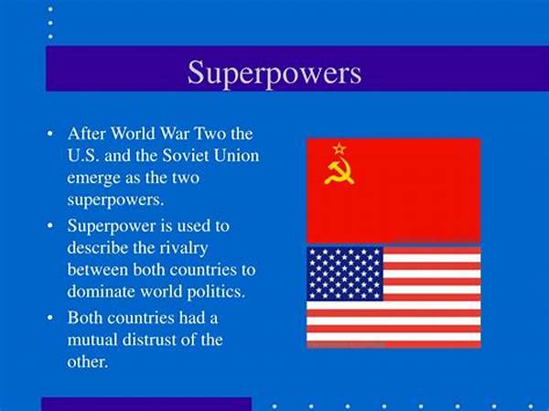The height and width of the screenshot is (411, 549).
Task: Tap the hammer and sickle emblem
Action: click(339, 172)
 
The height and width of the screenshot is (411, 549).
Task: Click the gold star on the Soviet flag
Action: click(339, 148)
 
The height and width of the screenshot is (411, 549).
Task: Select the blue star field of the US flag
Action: click(345, 274)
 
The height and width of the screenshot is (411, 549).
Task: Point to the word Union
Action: click(236, 156)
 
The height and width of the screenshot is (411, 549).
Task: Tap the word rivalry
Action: click(184, 248)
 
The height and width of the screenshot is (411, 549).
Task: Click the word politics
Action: click(216, 292)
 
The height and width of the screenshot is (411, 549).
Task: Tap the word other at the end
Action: click(87, 362)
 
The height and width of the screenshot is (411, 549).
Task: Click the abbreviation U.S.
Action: click(83, 156)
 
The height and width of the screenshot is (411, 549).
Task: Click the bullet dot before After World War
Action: click(50, 134)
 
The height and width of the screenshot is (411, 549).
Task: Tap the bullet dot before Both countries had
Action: click(50, 319)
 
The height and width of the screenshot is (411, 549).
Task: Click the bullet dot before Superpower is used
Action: click(50, 226)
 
